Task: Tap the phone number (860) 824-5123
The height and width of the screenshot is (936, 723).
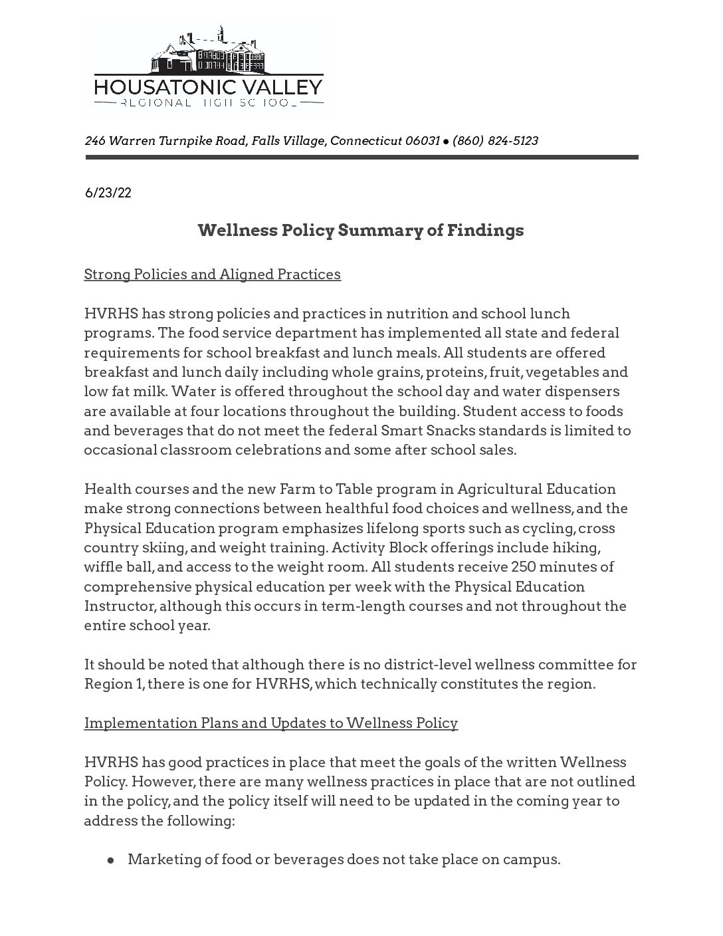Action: [x=495, y=141]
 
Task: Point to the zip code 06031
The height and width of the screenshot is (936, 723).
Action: [x=423, y=141]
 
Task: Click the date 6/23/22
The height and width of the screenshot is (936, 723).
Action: [x=108, y=193]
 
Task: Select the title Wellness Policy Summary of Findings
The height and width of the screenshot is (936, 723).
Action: [x=361, y=231]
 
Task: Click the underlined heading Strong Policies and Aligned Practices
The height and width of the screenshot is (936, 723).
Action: [x=212, y=275]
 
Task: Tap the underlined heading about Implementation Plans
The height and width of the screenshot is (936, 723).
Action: [x=270, y=723]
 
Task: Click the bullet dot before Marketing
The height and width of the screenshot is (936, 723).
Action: [x=112, y=860]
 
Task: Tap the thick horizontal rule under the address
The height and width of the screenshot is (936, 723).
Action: [x=361, y=158]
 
